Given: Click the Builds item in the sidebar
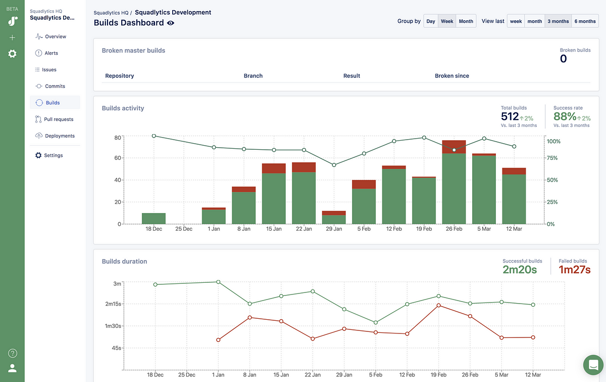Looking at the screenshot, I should (53, 103).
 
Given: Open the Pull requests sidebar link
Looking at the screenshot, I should (59, 119).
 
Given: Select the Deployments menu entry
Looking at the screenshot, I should (59, 136).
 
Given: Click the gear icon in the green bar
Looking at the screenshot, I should (12, 54).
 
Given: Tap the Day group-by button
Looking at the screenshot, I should (431, 21).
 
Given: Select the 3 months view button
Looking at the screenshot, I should (560, 21).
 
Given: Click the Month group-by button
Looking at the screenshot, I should (466, 21).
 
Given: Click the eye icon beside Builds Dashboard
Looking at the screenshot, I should (171, 23).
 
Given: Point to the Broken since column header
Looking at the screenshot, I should (452, 76).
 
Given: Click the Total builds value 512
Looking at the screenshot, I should (510, 117).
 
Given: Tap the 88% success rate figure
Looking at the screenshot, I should (565, 117).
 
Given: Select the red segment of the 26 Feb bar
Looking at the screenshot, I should (453, 147).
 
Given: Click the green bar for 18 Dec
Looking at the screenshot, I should (154, 219).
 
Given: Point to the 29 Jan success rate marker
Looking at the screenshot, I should (334, 165).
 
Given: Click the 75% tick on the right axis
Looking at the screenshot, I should (552, 158).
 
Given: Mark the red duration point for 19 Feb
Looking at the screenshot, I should (438, 305).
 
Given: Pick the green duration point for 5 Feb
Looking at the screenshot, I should (375, 322).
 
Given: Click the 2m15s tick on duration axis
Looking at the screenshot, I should (113, 304).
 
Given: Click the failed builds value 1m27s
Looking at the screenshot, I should (574, 270).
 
